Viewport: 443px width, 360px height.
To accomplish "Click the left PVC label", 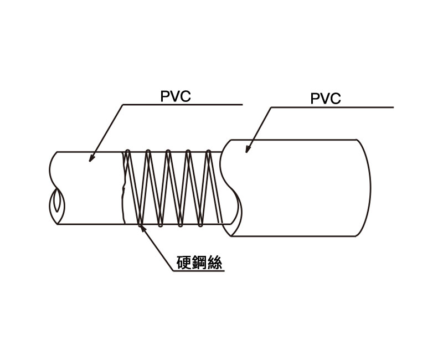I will click(x=176, y=96).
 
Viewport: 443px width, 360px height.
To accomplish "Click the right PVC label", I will click(x=326, y=99).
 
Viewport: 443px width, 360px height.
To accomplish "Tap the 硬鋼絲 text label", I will click(x=199, y=263).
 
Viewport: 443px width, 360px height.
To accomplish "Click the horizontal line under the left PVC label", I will click(x=183, y=104).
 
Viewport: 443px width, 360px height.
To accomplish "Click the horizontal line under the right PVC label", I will click(x=332, y=107).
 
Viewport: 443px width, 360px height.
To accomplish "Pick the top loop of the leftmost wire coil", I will click(x=127, y=151).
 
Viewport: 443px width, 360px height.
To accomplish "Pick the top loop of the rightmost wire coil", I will click(x=209, y=151).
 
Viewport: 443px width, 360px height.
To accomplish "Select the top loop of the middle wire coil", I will click(x=168, y=151).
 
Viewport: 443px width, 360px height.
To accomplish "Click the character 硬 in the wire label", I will click(x=183, y=263).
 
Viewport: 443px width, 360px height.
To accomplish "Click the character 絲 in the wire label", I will click(x=215, y=263).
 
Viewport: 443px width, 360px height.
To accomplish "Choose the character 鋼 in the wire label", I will click(x=199, y=263).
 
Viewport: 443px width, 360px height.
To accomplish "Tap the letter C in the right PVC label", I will click(x=335, y=99).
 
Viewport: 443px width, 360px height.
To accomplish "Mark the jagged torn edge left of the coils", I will click(x=123, y=188).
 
